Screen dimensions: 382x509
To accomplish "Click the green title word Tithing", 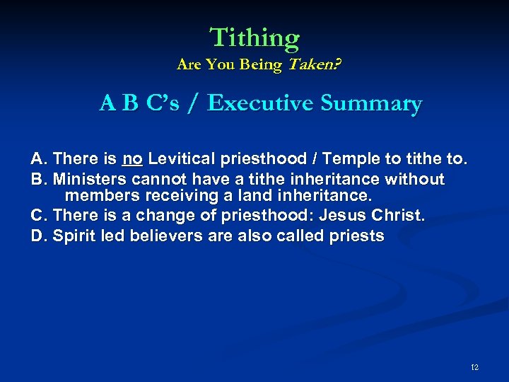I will tap(255, 37).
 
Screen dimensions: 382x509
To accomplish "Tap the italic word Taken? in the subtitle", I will tap(312, 65).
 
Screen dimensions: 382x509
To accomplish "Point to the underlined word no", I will tap(132, 158).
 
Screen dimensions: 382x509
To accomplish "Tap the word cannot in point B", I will tap(151, 180).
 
